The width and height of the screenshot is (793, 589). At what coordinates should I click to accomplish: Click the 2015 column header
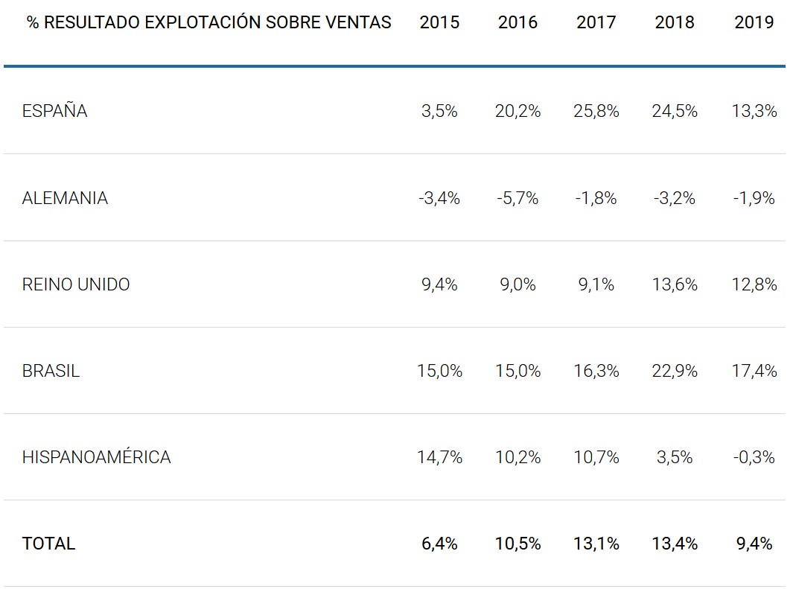(439, 22)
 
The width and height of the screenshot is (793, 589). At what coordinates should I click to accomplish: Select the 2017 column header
(596, 22)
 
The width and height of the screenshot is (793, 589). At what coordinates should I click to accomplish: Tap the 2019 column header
(754, 22)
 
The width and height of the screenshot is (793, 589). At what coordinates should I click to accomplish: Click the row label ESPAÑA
(55, 112)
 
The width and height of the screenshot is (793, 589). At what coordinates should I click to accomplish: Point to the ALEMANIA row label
(65, 198)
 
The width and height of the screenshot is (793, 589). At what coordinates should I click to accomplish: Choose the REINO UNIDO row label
(76, 284)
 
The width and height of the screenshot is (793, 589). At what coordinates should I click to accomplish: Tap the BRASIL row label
(51, 371)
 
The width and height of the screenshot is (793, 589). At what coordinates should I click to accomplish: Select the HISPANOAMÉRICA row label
(97, 457)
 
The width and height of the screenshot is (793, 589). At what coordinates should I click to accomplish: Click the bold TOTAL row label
(49, 544)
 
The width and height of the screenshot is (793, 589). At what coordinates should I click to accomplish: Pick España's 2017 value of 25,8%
(596, 112)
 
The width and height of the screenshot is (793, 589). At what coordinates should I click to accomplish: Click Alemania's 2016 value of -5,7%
(517, 198)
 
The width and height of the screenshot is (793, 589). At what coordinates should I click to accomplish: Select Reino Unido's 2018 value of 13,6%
(675, 284)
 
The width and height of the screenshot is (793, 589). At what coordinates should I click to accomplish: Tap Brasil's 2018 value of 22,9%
(675, 371)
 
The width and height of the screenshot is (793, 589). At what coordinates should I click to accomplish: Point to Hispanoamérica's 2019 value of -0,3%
(754, 457)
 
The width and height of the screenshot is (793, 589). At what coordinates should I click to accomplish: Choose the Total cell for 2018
(675, 544)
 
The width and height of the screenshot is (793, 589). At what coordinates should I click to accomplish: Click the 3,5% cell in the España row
(439, 112)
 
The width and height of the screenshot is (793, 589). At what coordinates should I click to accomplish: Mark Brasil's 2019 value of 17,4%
(754, 371)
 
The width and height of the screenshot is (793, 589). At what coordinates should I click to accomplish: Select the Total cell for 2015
(439, 544)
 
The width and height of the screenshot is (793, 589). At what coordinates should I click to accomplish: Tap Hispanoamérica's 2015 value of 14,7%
(439, 457)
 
